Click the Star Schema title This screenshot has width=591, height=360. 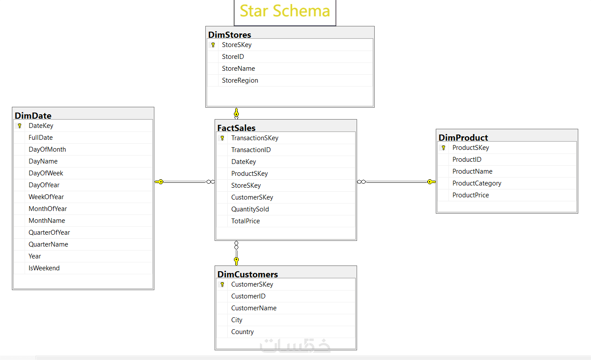tap(285, 11)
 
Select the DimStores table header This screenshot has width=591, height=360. tap(230, 35)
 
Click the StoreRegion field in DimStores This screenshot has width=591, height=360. tap(240, 80)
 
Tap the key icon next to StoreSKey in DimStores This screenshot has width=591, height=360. tap(213, 45)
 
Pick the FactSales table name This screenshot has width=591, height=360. tap(236, 128)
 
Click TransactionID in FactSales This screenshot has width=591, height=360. tap(251, 150)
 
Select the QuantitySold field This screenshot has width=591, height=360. tap(250, 209)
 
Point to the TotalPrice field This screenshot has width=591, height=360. tap(245, 221)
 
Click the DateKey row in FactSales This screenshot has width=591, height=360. tap(243, 162)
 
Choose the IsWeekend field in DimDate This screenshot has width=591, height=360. tap(44, 268)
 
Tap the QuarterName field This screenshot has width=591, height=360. tap(48, 244)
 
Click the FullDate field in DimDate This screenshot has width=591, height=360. tap(40, 138)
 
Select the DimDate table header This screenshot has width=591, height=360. tap(33, 116)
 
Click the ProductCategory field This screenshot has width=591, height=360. tap(477, 183)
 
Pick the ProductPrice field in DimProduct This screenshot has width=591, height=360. tap(471, 195)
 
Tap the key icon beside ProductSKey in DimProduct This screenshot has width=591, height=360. tap(443, 148)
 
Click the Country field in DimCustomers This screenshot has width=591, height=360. tap(242, 332)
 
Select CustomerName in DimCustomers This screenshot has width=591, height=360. tap(254, 308)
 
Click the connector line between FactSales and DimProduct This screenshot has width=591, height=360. tap(396, 182)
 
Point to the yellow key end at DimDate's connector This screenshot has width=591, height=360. tap(159, 182)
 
